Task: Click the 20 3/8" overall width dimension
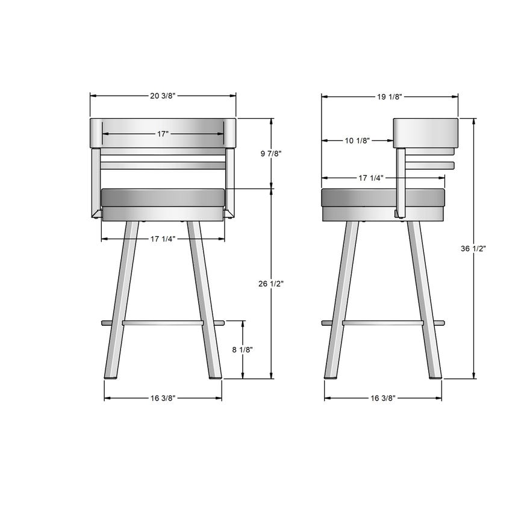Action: pyautogui.click(x=163, y=96)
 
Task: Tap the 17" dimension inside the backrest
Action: pyautogui.click(x=163, y=134)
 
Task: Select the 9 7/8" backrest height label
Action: pyautogui.click(x=271, y=154)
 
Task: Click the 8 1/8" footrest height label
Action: pyautogui.click(x=242, y=350)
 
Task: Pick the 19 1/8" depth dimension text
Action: pyautogui.click(x=390, y=96)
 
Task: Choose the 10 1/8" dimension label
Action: pyautogui.click(x=357, y=141)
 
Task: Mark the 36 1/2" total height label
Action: pyautogui.click(x=474, y=248)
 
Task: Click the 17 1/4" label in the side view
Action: pyautogui.click(x=372, y=178)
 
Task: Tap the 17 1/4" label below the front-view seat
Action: pyautogui.click(x=163, y=239)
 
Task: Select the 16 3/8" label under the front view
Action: pyautogui.click(x=163, y=398)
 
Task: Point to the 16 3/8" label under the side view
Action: pyautogui.click(x=383, y=398)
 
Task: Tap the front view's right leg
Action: pyautogui.click(x=204, y=301)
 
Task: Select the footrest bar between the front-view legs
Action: pyautogui.click(x=163, y=323)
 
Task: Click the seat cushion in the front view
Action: pyautogui.click(x=163, y=198)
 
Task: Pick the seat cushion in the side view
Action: pyautogui.click(x=361, y=198)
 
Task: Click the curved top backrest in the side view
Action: pyautogui.click(x=425, y=132)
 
